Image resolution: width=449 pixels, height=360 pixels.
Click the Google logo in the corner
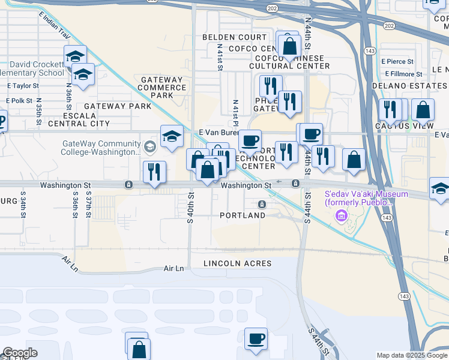20,353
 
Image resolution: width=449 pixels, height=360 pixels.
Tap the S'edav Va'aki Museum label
366,199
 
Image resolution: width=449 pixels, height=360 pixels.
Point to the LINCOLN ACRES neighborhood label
237,263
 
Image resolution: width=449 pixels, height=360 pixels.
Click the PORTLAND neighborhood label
243,215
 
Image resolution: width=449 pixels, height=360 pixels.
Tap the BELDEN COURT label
234,37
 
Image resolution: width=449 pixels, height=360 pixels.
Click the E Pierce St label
397,61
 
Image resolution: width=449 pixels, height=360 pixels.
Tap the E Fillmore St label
401,74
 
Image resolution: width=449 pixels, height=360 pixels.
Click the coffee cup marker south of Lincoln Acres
256,338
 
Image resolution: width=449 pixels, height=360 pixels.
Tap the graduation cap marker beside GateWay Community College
172,136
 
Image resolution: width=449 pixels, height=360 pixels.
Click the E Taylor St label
23,86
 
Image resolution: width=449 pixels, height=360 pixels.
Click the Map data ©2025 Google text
411,355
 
